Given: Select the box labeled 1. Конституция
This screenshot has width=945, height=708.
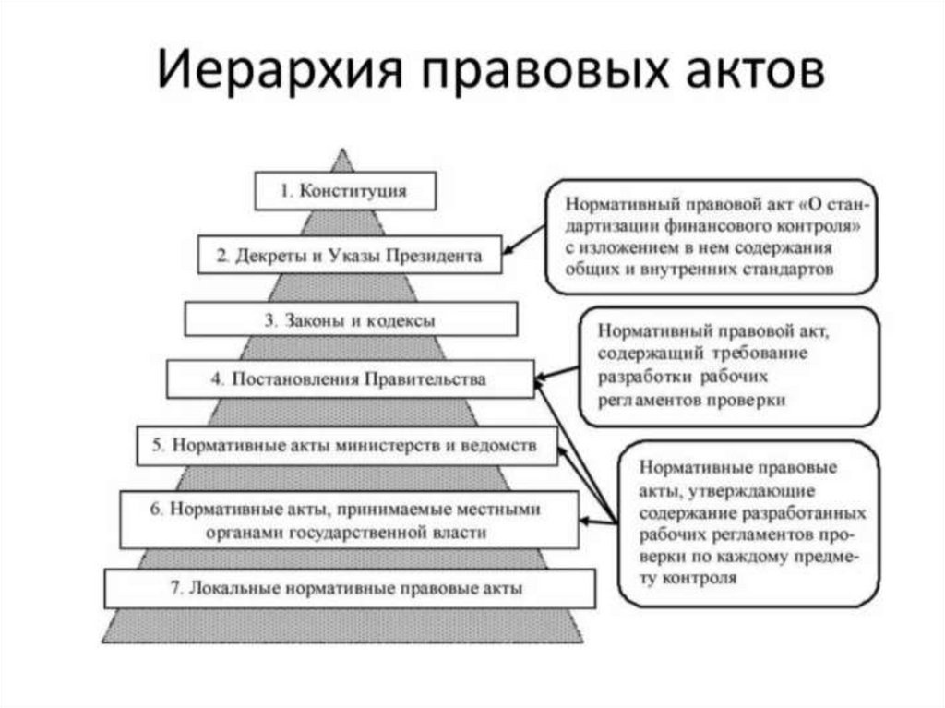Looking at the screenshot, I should click(343, 192).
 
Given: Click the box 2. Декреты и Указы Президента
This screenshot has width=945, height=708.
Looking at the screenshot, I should click(350, 256).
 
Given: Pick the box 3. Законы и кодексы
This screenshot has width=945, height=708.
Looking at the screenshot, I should click(350, 320).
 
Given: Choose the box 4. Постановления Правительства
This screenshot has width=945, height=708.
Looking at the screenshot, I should click(350, 378).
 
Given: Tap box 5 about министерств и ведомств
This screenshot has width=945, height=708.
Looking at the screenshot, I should click(347, 445).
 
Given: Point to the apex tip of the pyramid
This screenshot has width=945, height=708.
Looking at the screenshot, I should click(343, 150).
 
